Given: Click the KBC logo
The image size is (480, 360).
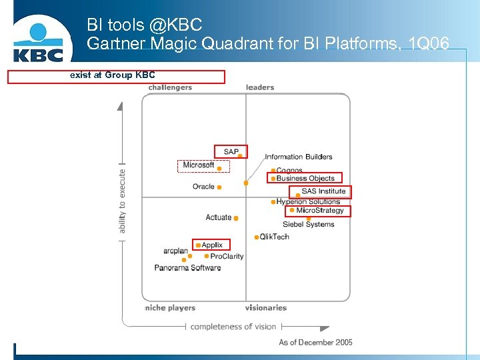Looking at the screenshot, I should (38, 42).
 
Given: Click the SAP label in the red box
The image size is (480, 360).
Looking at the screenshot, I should (231, 152).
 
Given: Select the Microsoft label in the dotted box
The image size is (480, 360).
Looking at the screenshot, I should (199, 165).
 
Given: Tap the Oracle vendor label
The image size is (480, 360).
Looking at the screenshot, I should (203, 187).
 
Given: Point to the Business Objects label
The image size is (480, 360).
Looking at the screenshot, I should (305, 178).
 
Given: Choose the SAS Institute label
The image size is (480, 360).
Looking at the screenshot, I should (323, 191).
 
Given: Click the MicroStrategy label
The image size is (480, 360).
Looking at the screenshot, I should (320, 211).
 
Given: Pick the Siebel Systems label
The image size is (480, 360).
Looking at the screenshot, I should (308, 225).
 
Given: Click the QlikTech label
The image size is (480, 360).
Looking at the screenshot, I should (275, 237).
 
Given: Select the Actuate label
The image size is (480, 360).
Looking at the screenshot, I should (218, 217).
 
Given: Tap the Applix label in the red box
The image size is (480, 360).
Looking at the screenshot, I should (212, 245).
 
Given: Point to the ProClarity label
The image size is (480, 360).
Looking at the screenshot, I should (227, 256).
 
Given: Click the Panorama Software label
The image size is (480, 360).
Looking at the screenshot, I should (187, 268).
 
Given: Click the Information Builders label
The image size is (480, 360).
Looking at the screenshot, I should (298, 157).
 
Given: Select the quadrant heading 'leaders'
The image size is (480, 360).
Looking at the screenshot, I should (260, 87).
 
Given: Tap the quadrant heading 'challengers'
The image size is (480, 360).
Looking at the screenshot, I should (170, 87).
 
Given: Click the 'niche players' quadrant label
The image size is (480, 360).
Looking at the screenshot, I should (170, 308).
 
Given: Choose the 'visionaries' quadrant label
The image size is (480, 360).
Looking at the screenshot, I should (265, 308).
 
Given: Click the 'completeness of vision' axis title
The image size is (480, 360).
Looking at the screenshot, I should (233, 327).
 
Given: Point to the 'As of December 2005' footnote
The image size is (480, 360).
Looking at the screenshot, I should (315, 343).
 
